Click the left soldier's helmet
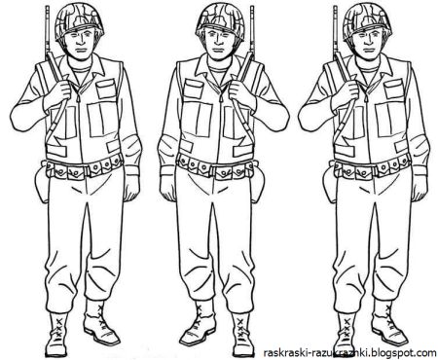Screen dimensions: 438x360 (79, 21)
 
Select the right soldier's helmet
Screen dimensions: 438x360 (367, 21)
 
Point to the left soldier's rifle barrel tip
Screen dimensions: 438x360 (48, 7)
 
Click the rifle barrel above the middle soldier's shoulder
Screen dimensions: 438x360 (251, 29)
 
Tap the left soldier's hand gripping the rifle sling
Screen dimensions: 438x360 (59, 90)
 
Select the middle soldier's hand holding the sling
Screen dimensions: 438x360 (240, 90)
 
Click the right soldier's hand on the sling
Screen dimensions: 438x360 (347, 90)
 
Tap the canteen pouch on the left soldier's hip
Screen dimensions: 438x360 (41, 183)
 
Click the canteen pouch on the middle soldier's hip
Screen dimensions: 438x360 (257, 183)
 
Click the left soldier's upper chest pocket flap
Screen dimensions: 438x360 (105, 85)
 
